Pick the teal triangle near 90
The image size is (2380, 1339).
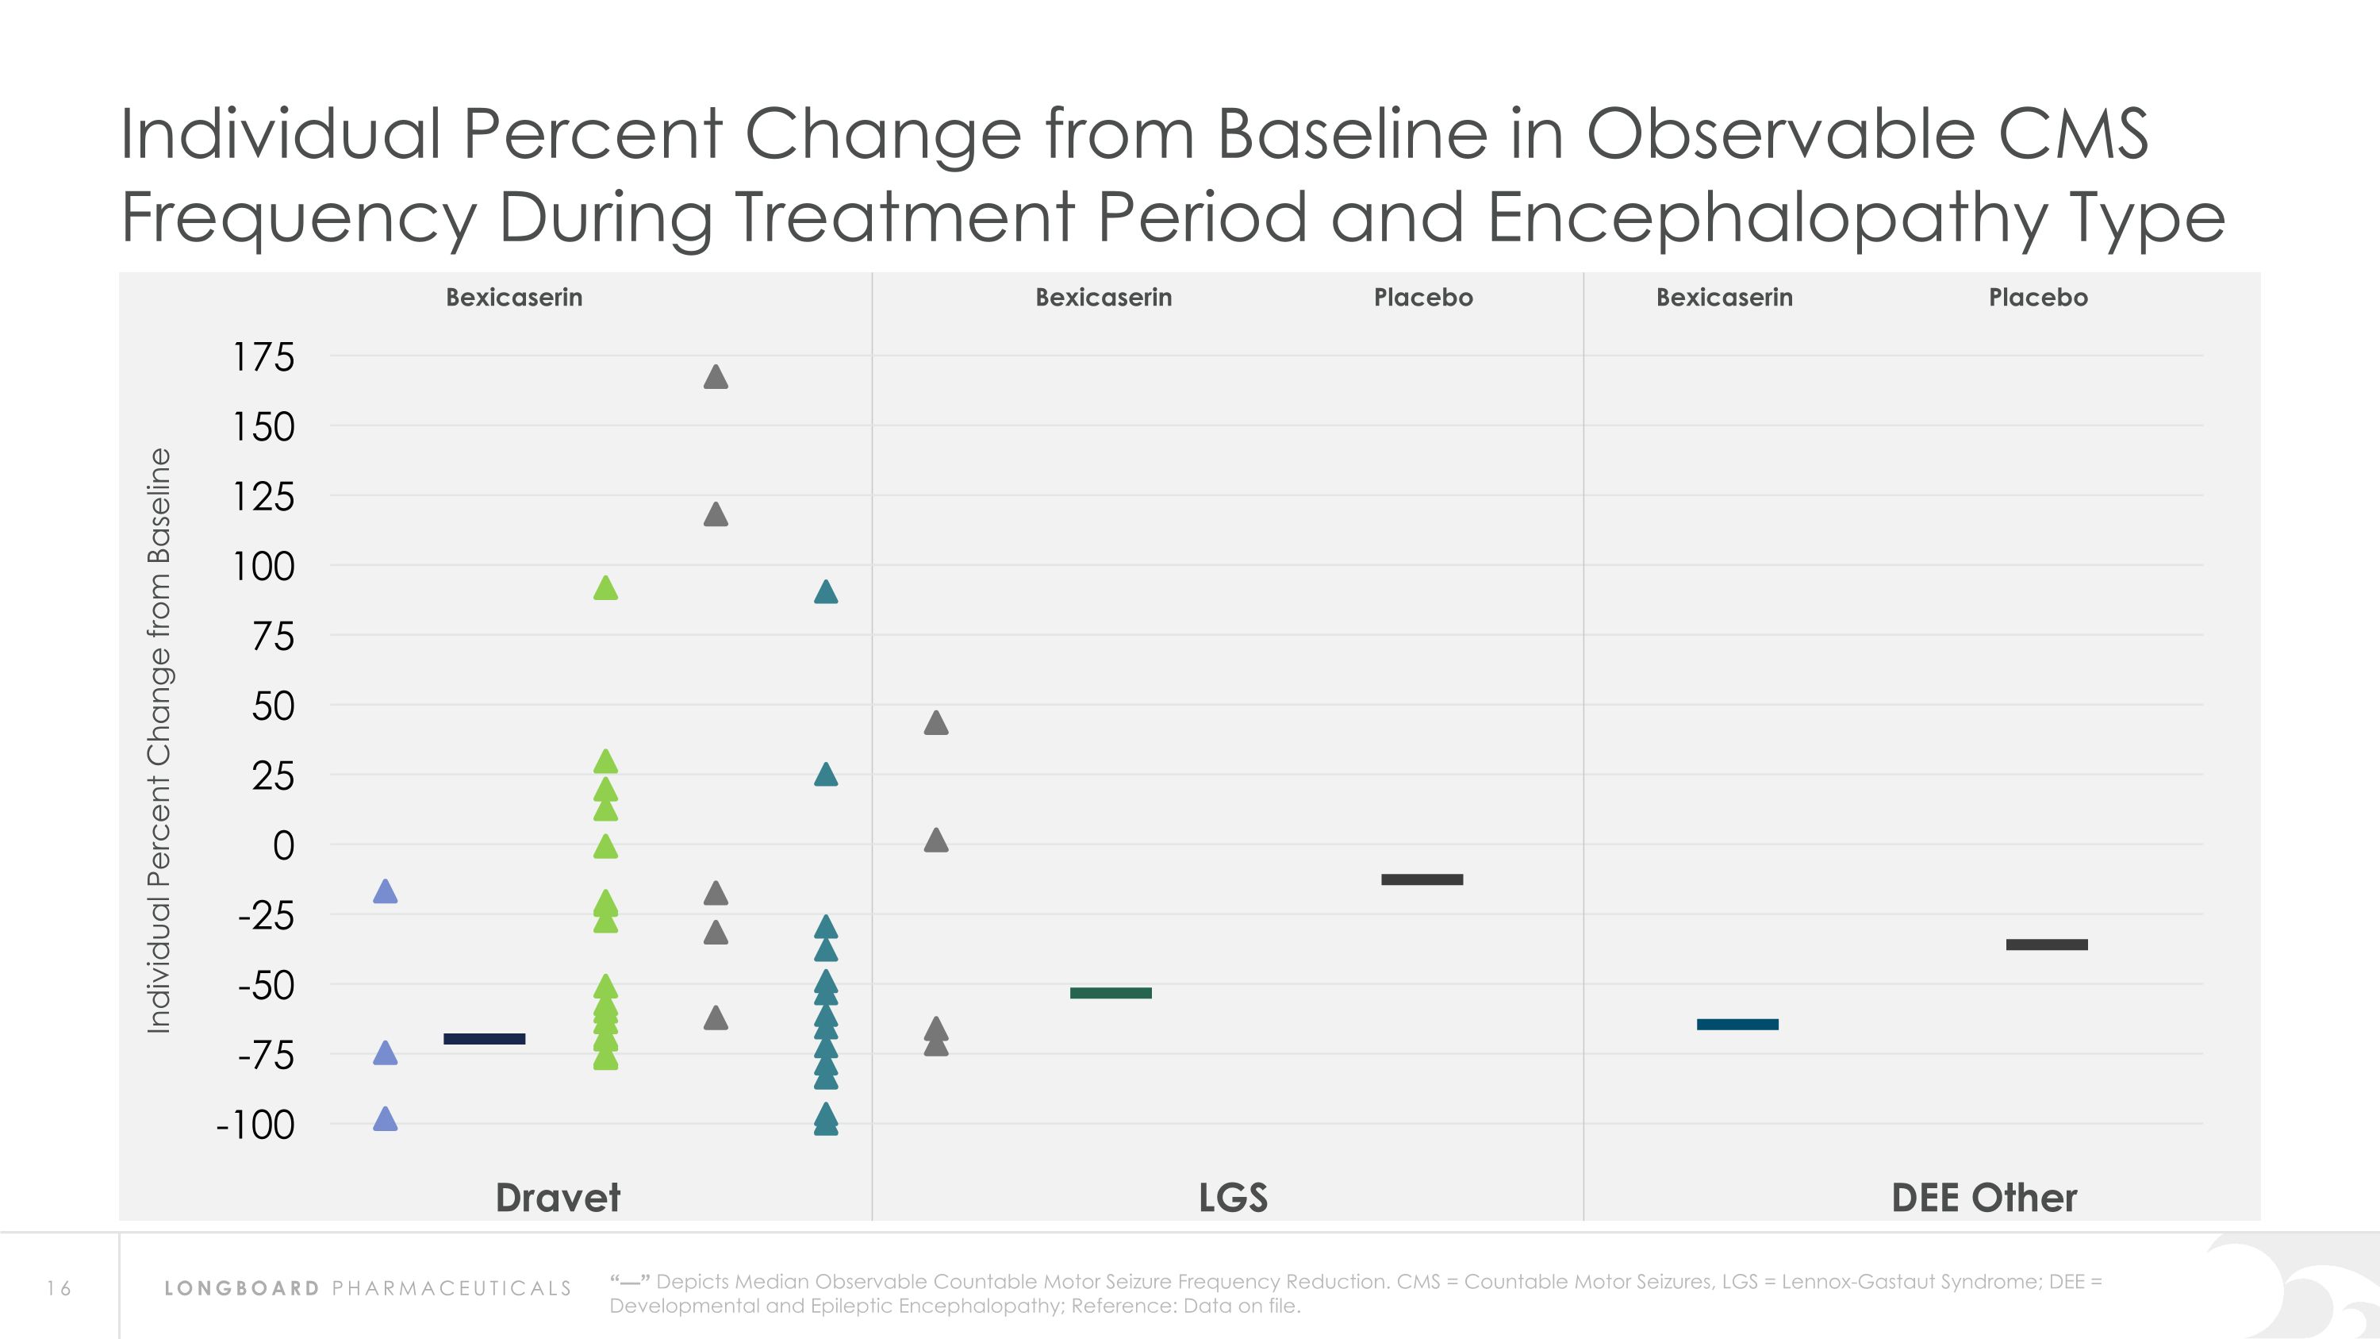point(826,592)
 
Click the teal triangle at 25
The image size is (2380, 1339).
point(826,775)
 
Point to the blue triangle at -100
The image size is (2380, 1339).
point(386,1120)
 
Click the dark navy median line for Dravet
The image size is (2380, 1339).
point(484,1039)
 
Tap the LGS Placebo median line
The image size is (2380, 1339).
point(1422,879)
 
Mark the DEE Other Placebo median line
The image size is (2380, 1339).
point(2047,945)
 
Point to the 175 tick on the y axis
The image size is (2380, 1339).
point(263,358)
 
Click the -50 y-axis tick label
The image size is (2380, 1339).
point(266,986)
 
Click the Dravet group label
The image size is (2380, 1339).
point(558,1198)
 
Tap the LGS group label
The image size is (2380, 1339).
point(1233,1198)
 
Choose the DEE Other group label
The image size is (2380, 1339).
point(1983,1198)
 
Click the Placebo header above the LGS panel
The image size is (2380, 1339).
point(1422,298)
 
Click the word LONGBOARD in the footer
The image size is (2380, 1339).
point(242,1288)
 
